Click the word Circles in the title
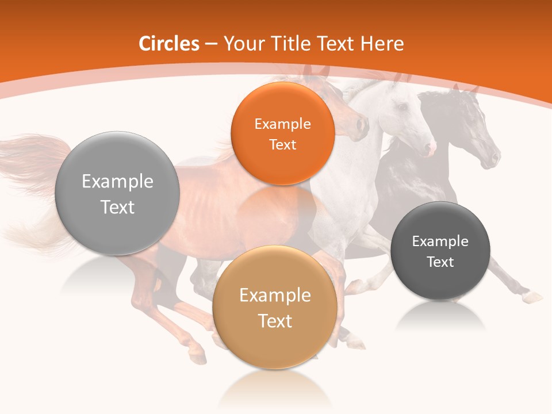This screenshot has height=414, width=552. pyautogui.click(x=168, y=44)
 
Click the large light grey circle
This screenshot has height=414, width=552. pyautogui.click(x=117, y=193)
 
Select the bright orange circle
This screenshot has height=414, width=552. pyautogui.click(x=282, y=133)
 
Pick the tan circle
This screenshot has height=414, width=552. pyautogui.click(x=275, y=308)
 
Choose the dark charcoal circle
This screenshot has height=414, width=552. pyautogui.click(x=440, y=251)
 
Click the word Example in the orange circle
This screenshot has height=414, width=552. pyautogui.click(x=282, y=124)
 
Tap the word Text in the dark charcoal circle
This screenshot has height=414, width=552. pyautogui.click(x=440, y=262)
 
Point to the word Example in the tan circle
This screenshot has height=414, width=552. pyautogui.click(x=275, y=296)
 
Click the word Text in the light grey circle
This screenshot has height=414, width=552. pyautogui.click(x=117, y=207)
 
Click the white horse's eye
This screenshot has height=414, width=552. pyautogui.click(x=402, y=107)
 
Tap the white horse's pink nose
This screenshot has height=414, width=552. pyautogui.click(x=430, y=149)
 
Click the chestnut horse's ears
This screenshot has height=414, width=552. pyautogui.click(x=316, y=72)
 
